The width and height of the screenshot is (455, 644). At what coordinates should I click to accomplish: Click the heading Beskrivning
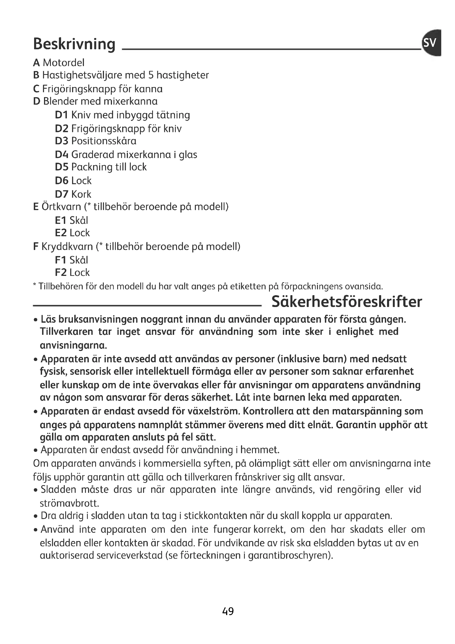click(74, 44)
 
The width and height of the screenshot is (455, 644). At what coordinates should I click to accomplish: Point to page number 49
click(228, 611)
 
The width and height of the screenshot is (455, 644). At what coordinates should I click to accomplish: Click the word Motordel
click(64, 63)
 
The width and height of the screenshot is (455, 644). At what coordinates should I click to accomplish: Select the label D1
click(62, 115)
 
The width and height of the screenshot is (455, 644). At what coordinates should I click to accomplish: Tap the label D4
click(62, 155)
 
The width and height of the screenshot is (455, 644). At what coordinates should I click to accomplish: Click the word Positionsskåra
click(104, 141)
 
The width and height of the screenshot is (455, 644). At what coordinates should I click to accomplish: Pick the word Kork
click(81, 194)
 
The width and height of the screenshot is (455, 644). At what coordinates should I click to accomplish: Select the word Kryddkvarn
click(67, 247)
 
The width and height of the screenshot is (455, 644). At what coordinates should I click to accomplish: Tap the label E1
click(61, 221)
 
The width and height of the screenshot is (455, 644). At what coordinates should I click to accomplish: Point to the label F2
click(61, 273)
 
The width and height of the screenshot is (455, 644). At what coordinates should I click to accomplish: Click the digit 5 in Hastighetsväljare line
click(151, 75)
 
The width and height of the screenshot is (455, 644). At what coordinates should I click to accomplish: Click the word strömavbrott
click(70, 504)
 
